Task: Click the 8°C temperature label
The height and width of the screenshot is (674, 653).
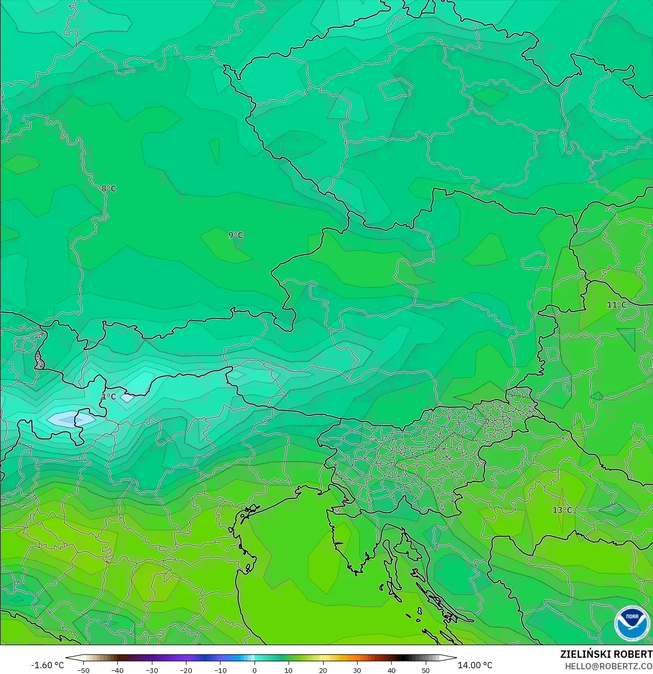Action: (109, 189)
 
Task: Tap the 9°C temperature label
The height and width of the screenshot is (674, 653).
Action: (236, 235)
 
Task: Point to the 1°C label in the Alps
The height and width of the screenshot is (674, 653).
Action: (108, 396)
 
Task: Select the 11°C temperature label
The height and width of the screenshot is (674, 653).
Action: (616, 305)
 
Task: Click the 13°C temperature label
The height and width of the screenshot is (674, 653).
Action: (562, 510)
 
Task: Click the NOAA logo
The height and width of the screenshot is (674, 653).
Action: (632, 623)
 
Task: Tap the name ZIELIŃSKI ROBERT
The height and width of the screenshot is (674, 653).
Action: (606, 655)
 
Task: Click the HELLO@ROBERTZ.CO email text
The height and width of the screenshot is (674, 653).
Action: (608, 667)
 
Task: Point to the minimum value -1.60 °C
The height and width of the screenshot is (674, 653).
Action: (47, 665)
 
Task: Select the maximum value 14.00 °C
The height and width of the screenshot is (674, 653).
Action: (475, 665)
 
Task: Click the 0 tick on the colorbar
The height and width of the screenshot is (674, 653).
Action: (254, 670)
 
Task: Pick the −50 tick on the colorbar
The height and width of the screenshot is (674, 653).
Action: (83, 670)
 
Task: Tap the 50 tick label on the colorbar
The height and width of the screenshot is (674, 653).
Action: (426, 670)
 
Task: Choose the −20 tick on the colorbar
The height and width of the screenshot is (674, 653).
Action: (186, 670)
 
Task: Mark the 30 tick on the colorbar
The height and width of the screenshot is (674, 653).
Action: (357, 670)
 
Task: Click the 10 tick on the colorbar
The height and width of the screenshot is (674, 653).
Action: (289, 670)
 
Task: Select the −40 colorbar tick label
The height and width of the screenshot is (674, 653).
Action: (117, 670)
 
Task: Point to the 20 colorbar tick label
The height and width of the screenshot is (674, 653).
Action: (323, 670)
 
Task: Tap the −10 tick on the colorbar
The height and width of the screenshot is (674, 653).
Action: (220, 670)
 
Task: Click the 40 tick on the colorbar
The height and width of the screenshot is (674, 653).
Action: (392, 670)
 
